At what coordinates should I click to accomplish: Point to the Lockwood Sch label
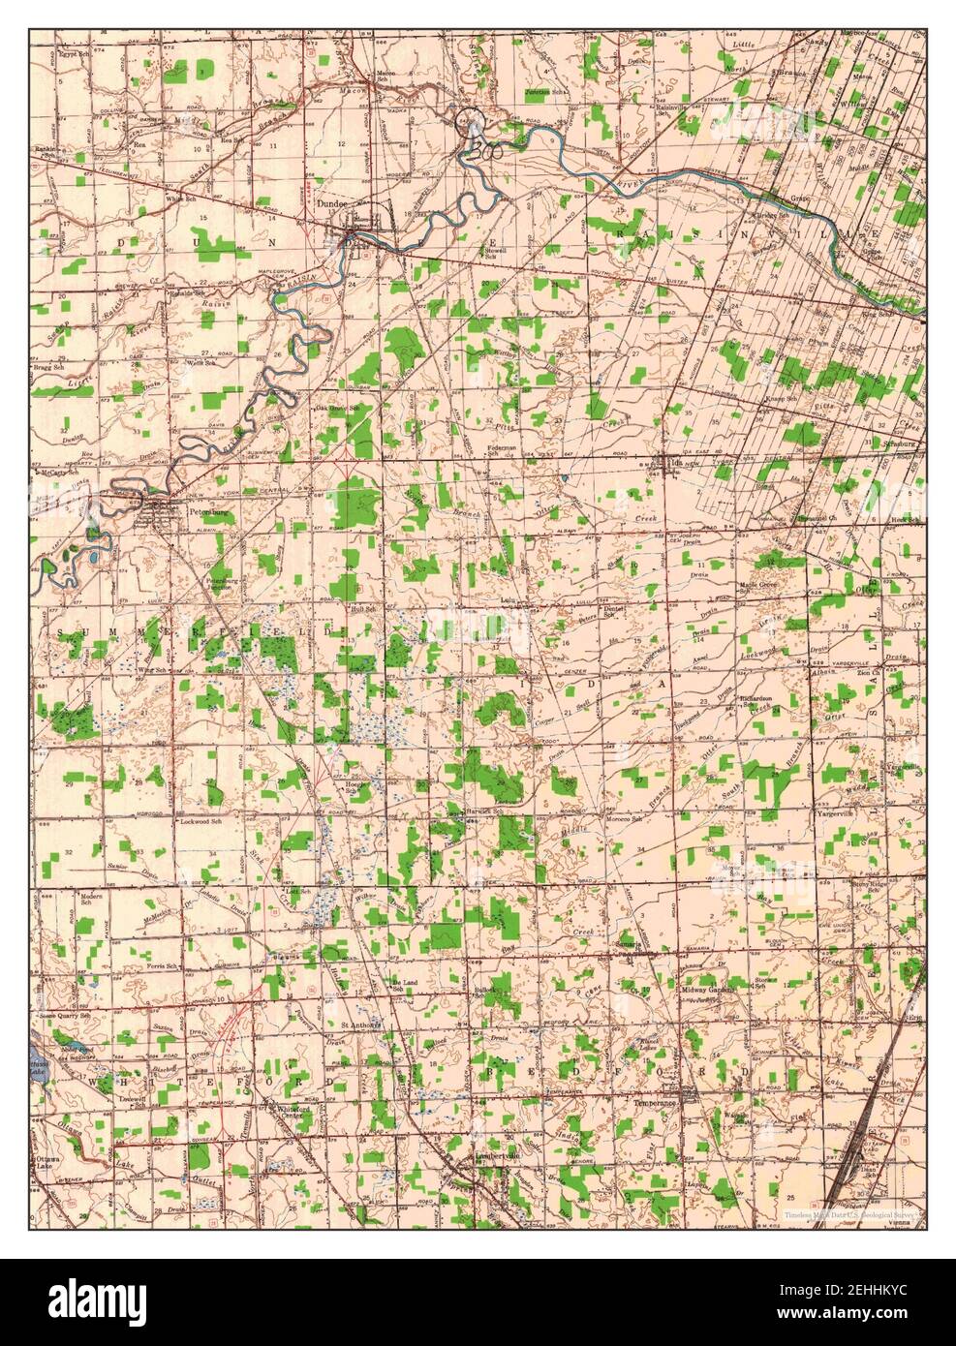click(x=201, y=821)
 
